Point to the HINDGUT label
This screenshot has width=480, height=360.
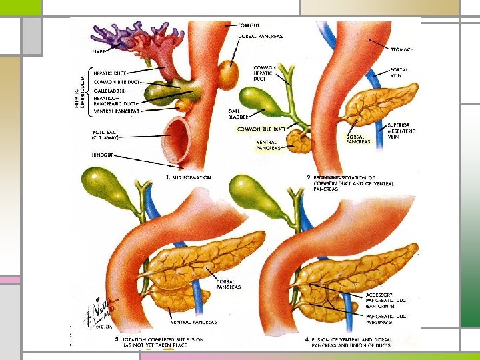tap(105, 155)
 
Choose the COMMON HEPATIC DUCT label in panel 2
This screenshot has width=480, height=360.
tap(265, 73)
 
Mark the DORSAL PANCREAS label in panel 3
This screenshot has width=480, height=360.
tap(228, 284)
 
